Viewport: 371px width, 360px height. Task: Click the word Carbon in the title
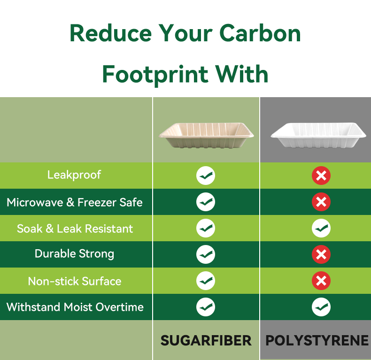click(260, 33)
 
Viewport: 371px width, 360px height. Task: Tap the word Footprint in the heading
click(155, 74)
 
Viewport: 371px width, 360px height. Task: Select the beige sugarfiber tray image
click(206, 135)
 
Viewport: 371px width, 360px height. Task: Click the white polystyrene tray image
click(318, 135)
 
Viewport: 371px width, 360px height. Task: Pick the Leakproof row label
click(74, 175)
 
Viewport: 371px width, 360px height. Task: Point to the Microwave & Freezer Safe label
click(75, 202)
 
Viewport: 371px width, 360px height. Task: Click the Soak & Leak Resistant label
click(75, 229)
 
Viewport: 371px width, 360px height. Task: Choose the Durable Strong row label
click(74, 254)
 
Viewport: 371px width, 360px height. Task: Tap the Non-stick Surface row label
click(75, 281)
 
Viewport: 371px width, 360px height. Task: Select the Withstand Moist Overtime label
click(75, 307)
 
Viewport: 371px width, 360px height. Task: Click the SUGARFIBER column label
click(206, 341)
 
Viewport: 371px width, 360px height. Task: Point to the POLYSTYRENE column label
click(317, 341)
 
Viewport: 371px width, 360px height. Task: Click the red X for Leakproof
click(321, 176)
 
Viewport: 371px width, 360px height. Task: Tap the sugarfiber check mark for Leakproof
click(206, 176)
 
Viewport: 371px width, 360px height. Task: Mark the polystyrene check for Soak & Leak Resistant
click(321, 228)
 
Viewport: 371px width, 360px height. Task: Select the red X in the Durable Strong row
click(321, 254)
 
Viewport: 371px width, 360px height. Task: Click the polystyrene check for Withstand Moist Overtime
click(321, 307)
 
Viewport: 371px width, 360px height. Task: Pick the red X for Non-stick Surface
click(321, 281)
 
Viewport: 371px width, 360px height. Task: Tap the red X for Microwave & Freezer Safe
click(321, 202)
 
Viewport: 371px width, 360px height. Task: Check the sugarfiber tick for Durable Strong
click(206, 254)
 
